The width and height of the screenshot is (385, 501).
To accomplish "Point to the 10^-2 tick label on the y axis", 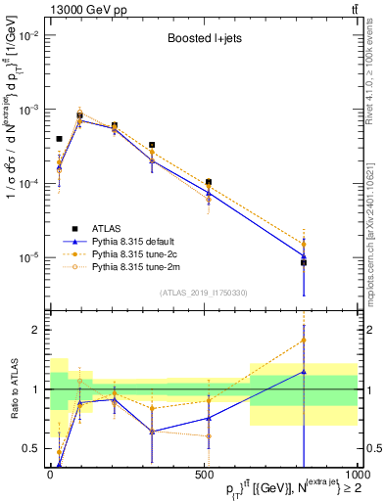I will (x=27, y=35).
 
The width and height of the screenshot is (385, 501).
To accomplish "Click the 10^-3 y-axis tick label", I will (x=27, y=110).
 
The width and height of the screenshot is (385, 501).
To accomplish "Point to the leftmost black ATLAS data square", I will (x=60, y=139).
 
